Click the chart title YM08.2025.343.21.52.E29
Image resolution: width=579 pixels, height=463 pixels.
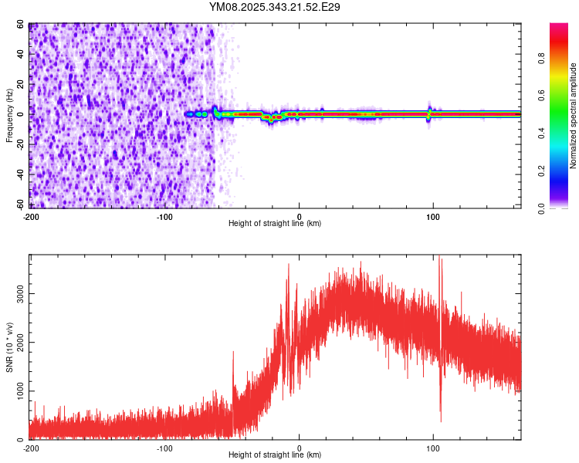[275, 7]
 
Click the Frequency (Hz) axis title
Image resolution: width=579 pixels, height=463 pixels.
[10, 114]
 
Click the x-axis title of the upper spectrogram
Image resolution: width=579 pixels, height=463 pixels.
[275, 223]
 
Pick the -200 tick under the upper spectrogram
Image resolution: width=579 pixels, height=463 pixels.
[31, 216]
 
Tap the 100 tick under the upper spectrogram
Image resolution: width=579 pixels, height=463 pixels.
[433, 216]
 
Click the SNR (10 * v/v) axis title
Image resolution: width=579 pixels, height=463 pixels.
[10, 347]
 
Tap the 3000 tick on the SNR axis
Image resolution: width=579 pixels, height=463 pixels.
[20, 294]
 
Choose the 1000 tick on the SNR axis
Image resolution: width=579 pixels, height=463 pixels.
[20, 391]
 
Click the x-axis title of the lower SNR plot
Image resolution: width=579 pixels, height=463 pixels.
[275, 455]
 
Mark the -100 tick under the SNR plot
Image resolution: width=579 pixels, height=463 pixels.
[164, 448]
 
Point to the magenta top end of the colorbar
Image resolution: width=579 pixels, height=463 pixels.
[558, 27]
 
